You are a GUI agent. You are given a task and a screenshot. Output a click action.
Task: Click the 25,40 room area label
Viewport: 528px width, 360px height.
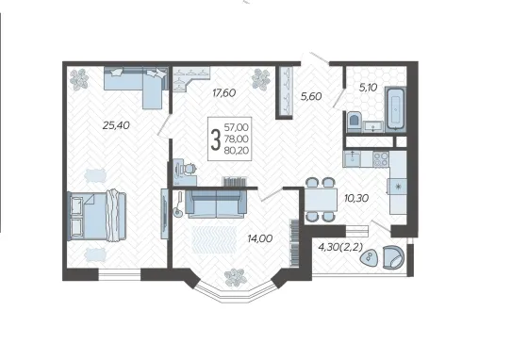tap(116, 126)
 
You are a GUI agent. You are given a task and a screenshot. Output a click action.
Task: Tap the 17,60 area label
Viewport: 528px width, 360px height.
tap(224, 93)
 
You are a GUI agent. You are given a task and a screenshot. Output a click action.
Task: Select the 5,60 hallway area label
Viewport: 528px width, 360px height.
tap(311, 97)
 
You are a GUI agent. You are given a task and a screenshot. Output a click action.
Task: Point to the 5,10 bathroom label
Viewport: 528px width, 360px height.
tap(368, 88)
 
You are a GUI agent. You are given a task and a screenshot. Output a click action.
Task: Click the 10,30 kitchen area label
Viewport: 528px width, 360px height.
tap(356, 198)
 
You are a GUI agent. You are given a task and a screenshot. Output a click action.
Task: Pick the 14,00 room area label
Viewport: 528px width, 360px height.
tap(260, 238)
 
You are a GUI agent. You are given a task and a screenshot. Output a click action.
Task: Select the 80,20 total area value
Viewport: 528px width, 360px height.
tap(237, 151)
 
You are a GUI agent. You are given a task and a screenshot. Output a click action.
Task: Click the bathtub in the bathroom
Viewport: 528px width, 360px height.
tap(396, 108)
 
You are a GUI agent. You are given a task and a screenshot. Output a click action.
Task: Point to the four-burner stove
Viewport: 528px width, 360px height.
tap(381, 159)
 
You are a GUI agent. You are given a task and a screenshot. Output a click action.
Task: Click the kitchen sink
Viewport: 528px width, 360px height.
tap(352, 159)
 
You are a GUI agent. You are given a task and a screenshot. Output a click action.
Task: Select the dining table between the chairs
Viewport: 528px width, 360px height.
tap(321, 200)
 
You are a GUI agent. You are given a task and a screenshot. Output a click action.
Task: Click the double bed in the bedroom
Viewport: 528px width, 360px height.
tap(96, 216)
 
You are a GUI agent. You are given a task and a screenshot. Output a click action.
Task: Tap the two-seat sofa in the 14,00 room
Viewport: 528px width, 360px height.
tap(216, 204)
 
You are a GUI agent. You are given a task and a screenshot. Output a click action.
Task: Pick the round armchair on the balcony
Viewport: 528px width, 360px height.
tap(393, 257)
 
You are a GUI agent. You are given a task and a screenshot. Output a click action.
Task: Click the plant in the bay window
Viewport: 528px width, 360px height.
tap(236, 278)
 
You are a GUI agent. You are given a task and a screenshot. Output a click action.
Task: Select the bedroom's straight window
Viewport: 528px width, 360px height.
tap(119, 274)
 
